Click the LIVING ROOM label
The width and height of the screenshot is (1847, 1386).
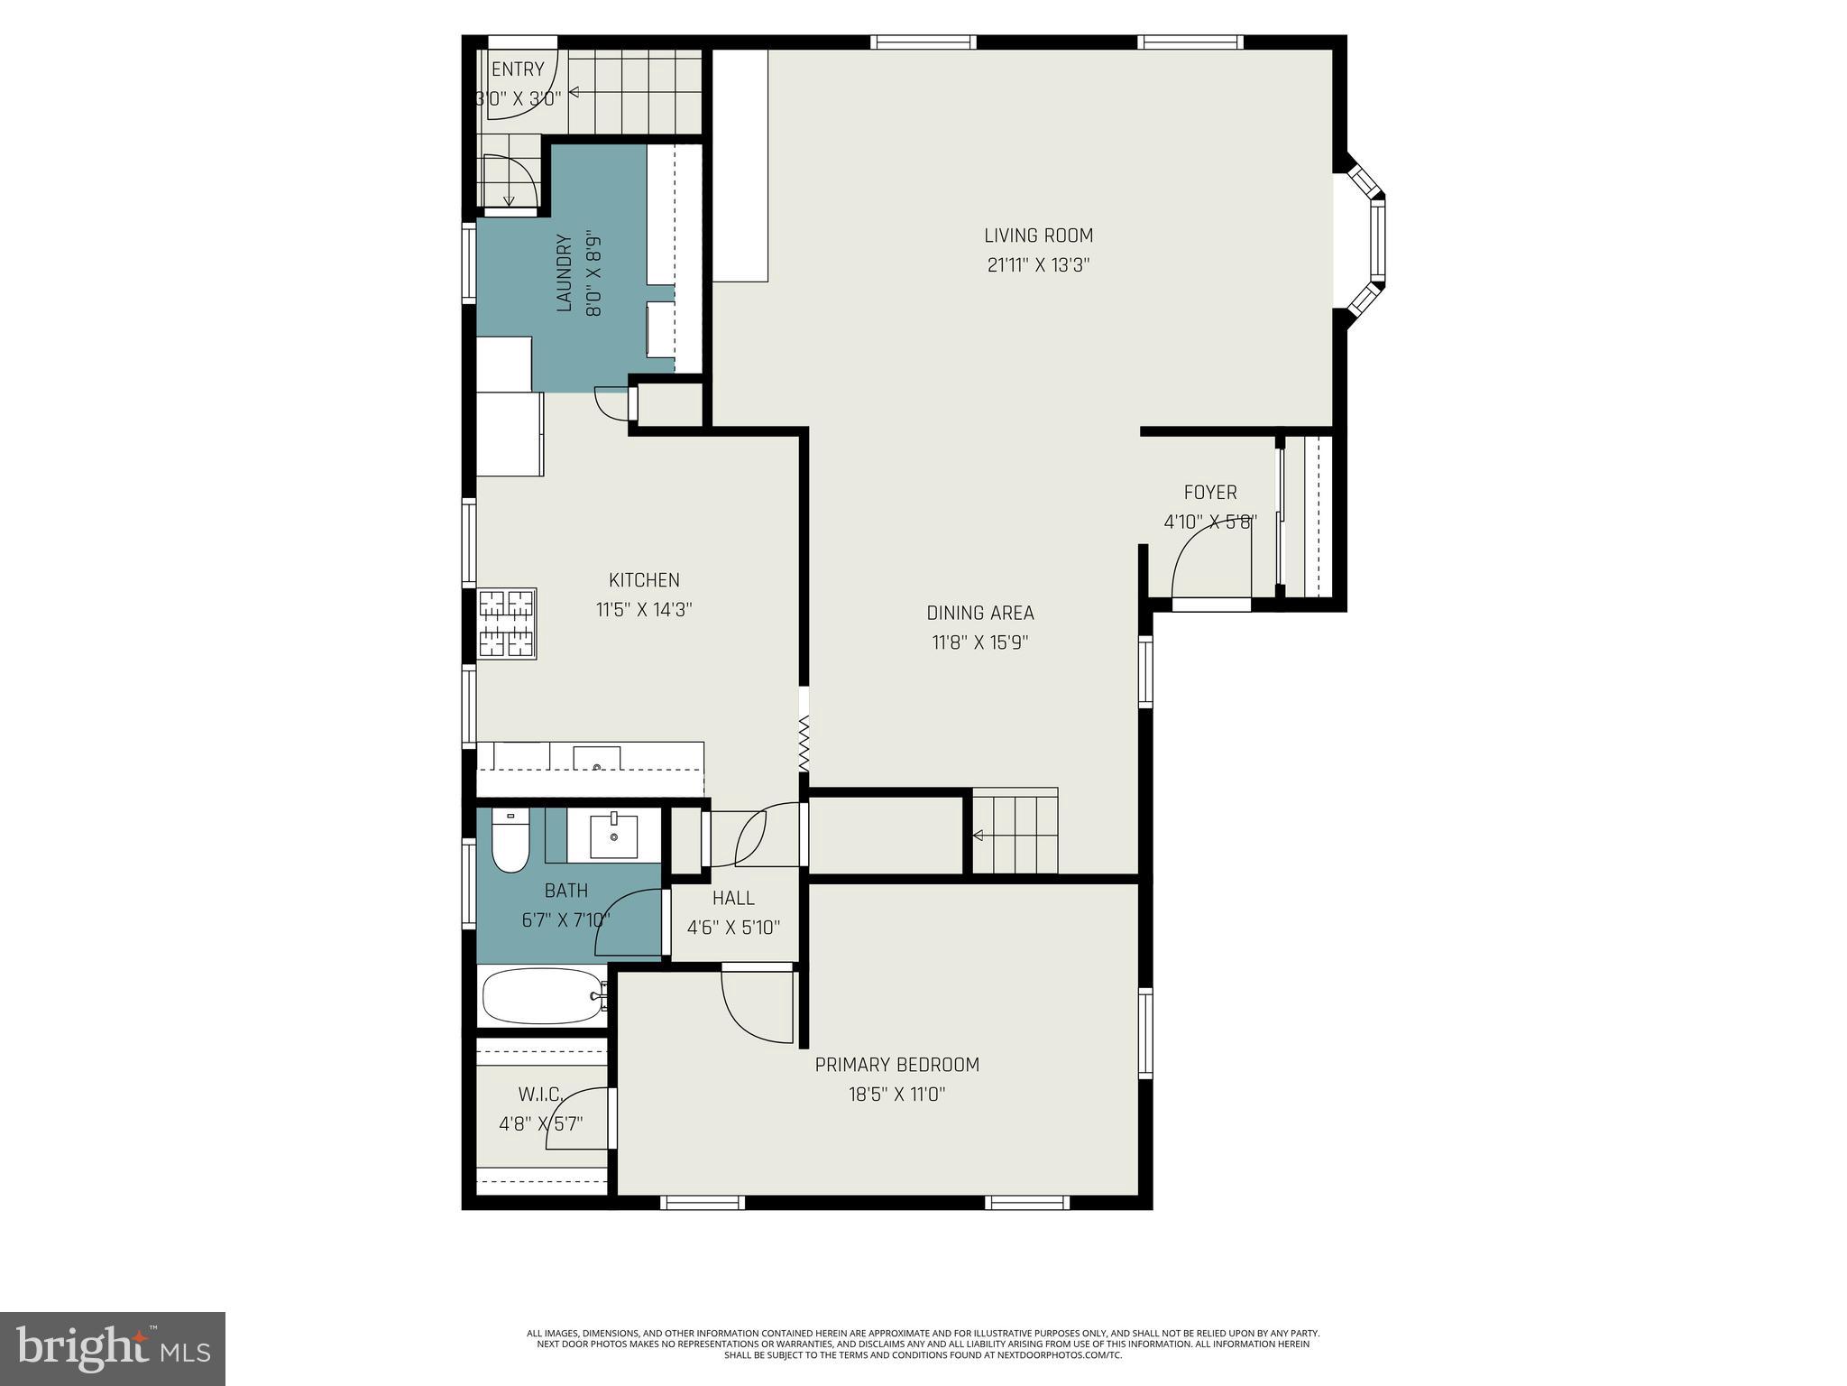click(1038, 236)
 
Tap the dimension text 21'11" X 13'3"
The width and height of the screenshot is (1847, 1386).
click(1039, 265)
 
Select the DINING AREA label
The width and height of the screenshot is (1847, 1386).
click(980, 613)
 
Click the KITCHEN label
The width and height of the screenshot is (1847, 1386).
click(644, 580)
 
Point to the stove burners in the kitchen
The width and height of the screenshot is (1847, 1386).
click(506, 623)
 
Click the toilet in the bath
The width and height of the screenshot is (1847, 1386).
click(510, 843)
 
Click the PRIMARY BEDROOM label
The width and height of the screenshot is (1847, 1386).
click(896, 1065)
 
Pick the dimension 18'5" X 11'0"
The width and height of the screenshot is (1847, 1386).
click(896, 1095)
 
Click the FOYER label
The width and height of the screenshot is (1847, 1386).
click(1210, 493)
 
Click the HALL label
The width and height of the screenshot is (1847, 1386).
click(733, 898)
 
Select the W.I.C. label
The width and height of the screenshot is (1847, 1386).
click(540, 1095)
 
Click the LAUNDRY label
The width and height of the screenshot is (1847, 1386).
click(565, 273)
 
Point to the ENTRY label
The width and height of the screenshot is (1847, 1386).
click(518, 69)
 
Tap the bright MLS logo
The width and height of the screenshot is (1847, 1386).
click(113, 1348)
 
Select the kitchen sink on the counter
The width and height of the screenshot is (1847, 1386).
click(596, 757)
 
